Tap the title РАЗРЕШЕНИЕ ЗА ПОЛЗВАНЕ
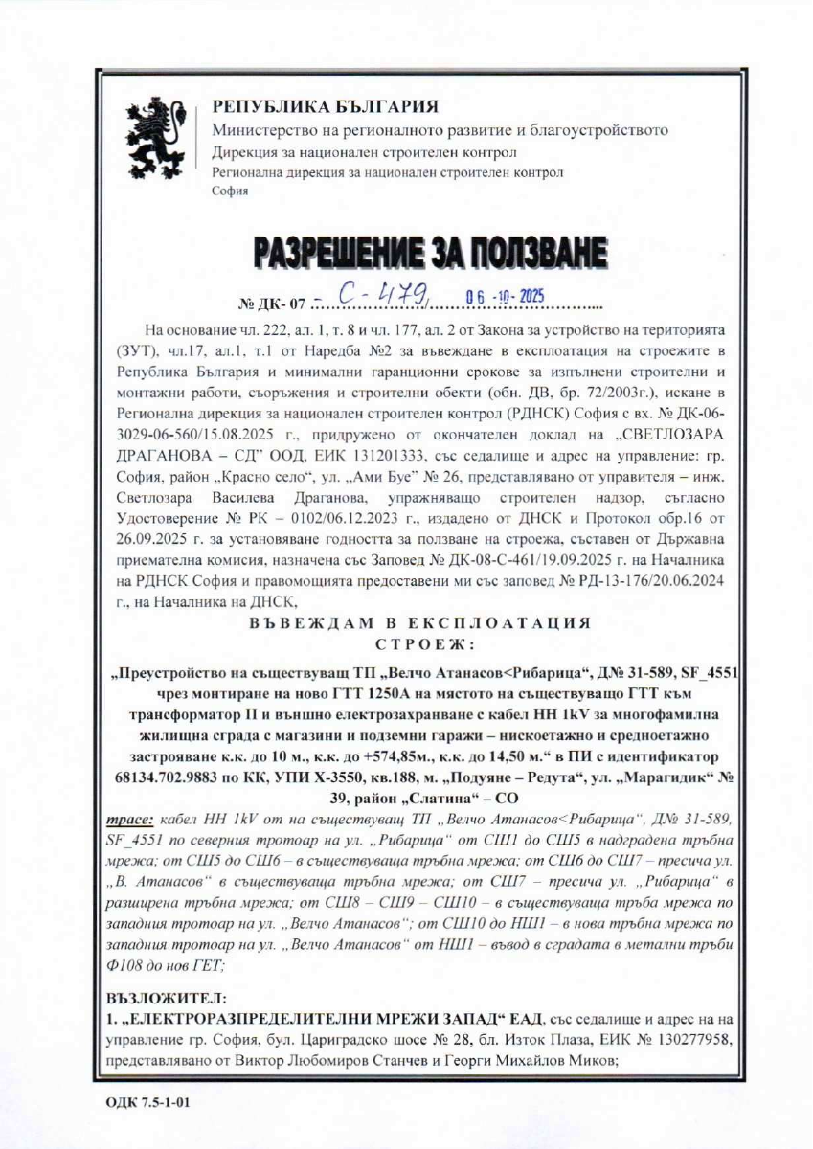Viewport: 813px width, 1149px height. [429, 253]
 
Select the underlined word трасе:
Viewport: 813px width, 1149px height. [129, 821]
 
